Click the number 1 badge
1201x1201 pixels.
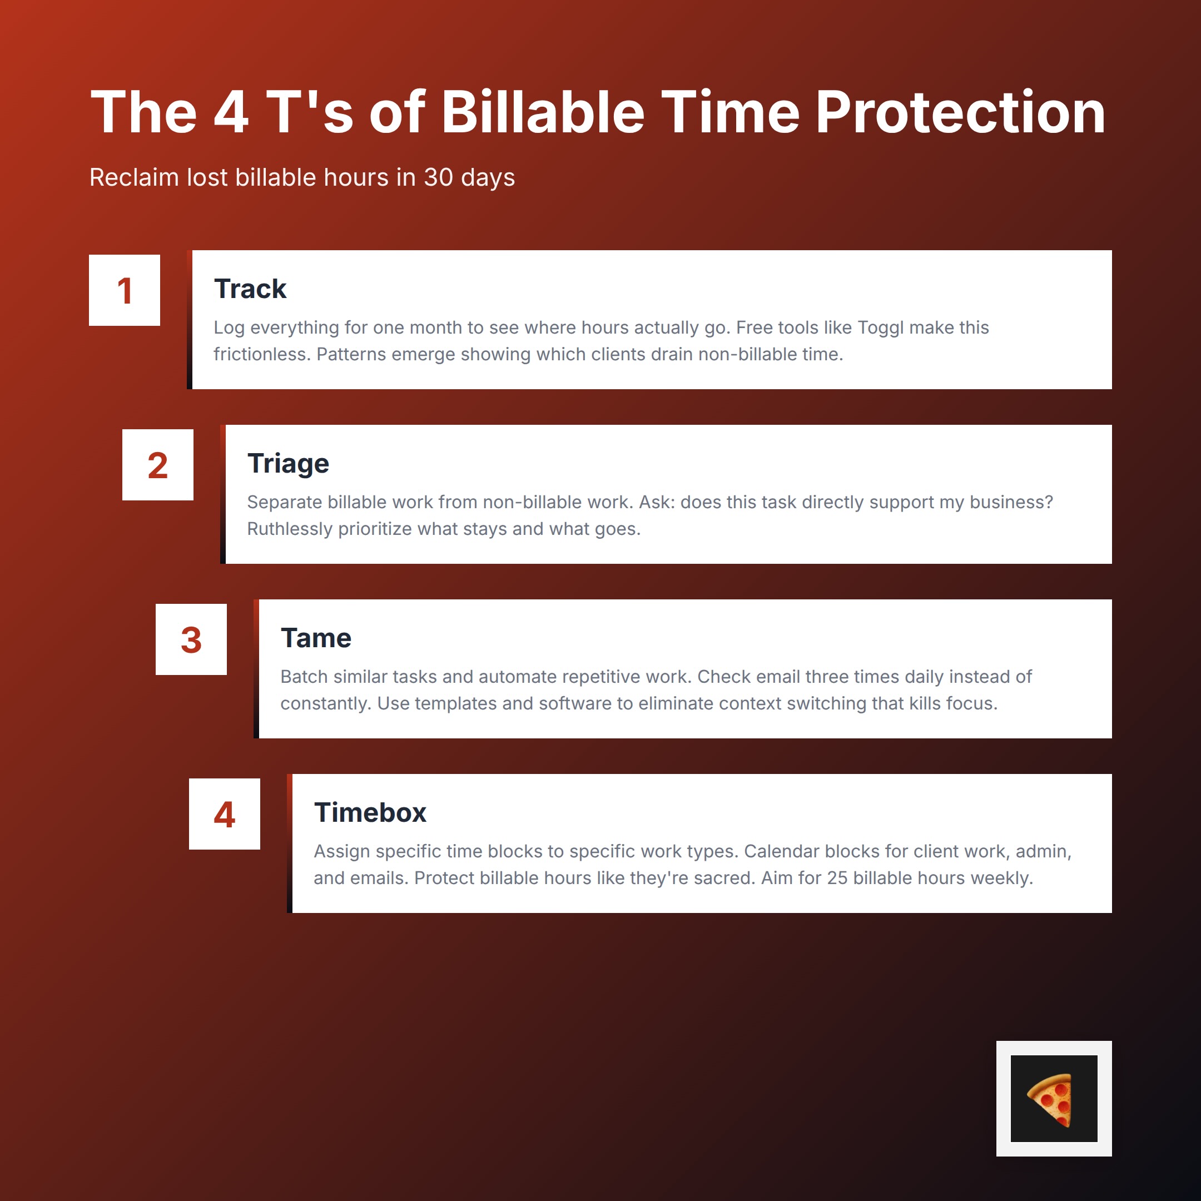(125, 290)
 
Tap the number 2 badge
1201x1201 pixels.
(158, 465)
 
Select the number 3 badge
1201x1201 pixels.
(191, 639)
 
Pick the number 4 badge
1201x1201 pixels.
(225, 815)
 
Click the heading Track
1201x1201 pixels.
(250, 289)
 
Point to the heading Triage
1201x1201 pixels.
(288, 464)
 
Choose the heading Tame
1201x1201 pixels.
(316, 638)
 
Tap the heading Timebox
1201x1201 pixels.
(370, 813)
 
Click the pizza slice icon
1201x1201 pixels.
(1053, 1099)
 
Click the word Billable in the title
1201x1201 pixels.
(543, 112)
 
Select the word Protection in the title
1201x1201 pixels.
(960, 112)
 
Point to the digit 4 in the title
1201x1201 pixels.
(231, 112)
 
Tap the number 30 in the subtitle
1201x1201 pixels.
(438, 178)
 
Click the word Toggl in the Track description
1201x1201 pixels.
(882, 327)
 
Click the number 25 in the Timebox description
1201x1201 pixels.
(837, 879)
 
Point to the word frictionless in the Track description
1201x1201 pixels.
(262, 354)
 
